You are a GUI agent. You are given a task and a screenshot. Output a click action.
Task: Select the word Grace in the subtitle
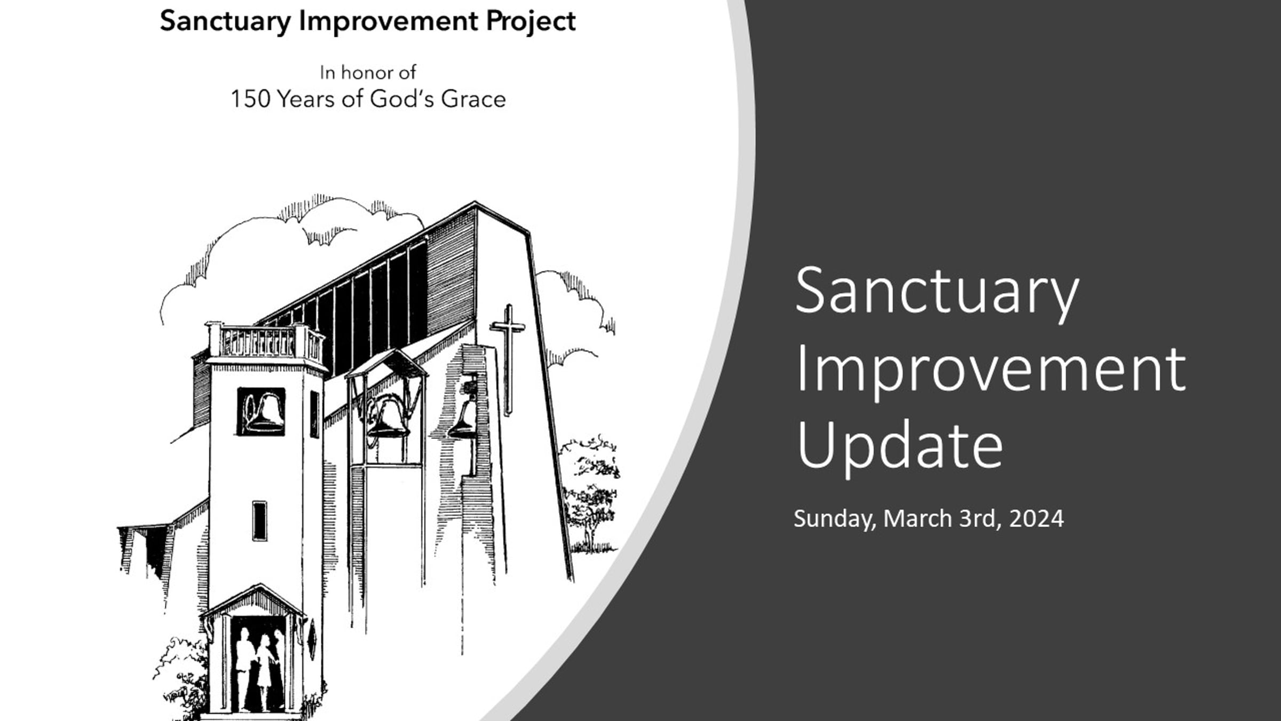click(473, 99)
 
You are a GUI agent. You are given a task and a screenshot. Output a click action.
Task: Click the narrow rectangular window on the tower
click(259, 521)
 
